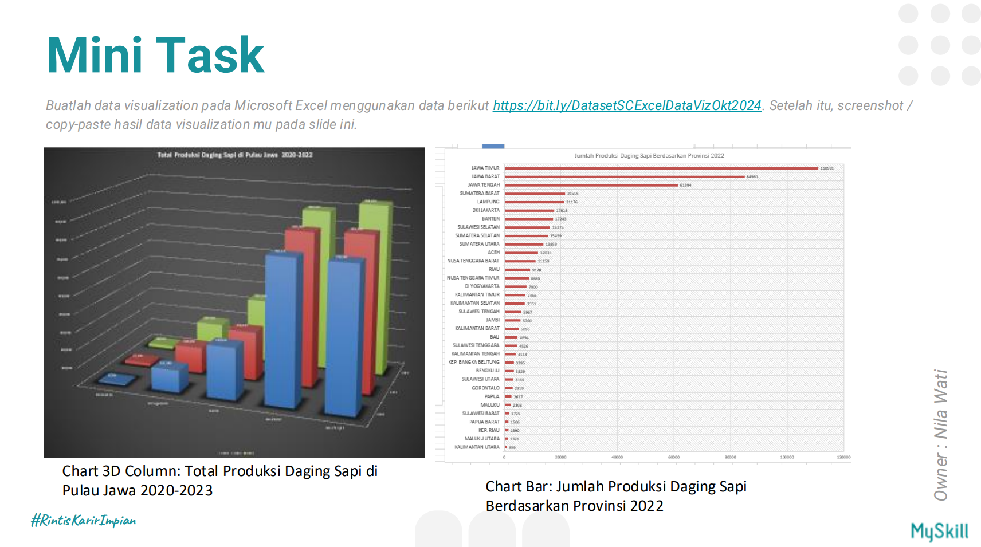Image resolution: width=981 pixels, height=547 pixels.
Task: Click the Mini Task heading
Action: point(155,56)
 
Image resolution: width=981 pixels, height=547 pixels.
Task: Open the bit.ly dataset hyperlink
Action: point(626,105)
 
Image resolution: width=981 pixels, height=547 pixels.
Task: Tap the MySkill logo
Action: point(939,531)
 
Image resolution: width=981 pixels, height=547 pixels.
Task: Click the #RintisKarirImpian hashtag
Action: point(84,520)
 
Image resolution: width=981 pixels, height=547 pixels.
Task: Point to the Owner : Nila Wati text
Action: point(940,435)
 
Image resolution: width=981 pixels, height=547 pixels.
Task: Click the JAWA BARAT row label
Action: point(485,176)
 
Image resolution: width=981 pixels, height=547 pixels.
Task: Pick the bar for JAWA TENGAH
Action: point(591,185)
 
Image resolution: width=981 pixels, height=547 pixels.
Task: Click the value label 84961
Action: point(752,177)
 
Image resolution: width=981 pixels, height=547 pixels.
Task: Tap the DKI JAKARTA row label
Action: point(485,210)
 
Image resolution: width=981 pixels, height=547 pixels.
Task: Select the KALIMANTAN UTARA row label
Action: point(477,447)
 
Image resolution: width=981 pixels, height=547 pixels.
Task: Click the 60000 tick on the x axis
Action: point(673,457)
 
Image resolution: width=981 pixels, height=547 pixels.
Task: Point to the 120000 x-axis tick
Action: point(843,457)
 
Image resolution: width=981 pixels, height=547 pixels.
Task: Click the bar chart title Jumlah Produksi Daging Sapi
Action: point(649,155)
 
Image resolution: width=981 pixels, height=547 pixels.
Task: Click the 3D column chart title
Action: point(235,155)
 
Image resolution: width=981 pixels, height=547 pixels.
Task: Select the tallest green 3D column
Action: point(376,286)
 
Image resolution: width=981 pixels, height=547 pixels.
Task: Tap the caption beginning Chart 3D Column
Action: point(219,481)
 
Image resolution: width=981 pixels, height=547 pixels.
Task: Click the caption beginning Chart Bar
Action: point(615,496)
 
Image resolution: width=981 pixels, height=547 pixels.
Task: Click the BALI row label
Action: point(494,337)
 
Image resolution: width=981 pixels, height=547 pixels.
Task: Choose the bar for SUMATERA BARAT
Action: point(534,194)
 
